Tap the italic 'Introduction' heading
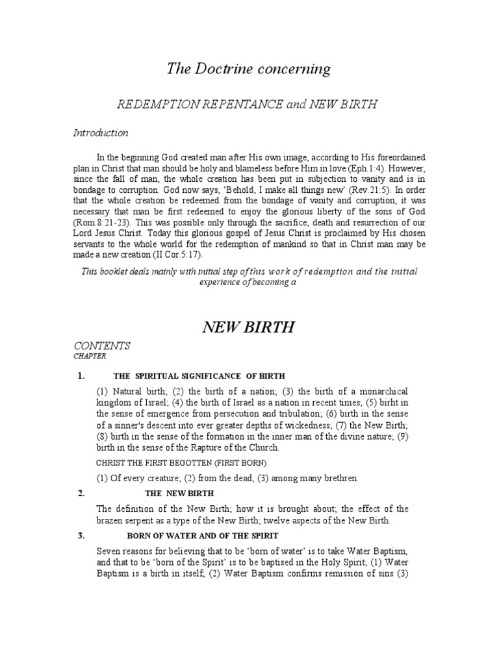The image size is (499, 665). pyautogui.click(x=100, y=132)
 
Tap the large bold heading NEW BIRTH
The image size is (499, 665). pyautogui.click(x=249, y=327)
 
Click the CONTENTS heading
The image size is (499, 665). pyautogui.click(x=102, y=345)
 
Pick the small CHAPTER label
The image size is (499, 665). pyautogui.click(x=90, y=357)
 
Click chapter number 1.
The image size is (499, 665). pyautogui.click(x=81, y=376)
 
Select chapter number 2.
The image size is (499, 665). pyautogui.click(x=81, y=494)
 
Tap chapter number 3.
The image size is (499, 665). pyautogui.click(x=81, y=535)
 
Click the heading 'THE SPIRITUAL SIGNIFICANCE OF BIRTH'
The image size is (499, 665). pyautogui.click(x=199, y=377)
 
